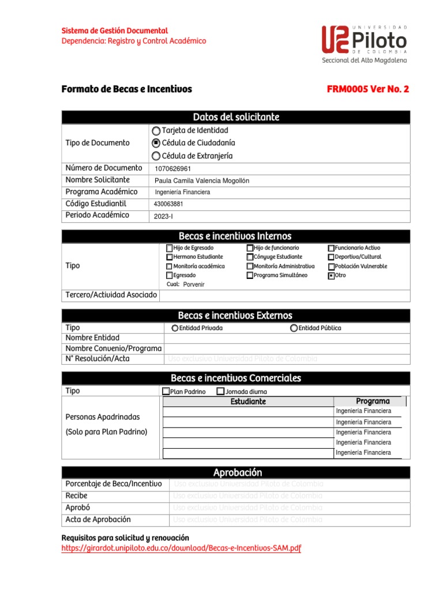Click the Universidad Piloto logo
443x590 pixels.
[363, 44]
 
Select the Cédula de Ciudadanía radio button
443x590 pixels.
[156, 143]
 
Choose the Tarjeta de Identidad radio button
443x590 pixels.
[156, 131]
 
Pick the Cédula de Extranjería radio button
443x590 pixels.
[156, 156]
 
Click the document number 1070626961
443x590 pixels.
[173, 169]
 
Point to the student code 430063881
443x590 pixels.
[168, 204]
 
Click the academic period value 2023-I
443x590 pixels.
[163, 217]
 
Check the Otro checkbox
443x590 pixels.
[331, 276]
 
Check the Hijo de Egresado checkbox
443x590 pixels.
[170, 248]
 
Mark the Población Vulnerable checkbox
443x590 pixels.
[331, 267]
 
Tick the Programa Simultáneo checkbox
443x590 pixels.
[250, 276]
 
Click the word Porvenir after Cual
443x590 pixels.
[194, 285]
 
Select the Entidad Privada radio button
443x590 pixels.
[175, 328]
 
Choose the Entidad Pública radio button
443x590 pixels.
[294, 328]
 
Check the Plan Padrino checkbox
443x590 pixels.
[166, 392]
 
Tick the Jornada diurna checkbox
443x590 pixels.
[220, 392]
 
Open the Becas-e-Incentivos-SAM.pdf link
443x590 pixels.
[181, 549]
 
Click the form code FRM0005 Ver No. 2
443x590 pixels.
[367, 89]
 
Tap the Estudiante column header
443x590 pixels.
[248, 402]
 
